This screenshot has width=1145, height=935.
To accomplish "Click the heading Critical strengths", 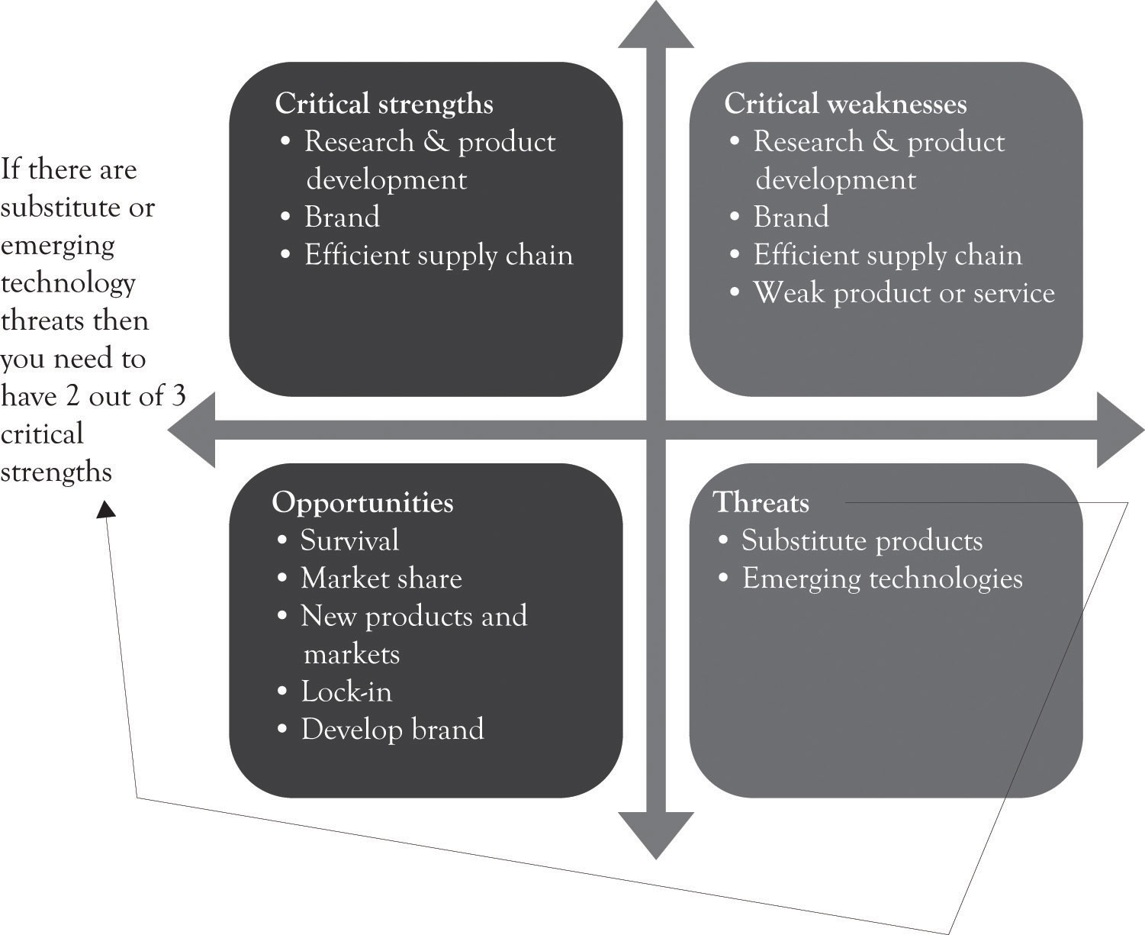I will click(384, 104).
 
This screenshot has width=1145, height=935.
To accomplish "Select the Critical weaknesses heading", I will click(845, 104).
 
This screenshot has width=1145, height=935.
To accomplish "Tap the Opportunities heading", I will click(362, 502).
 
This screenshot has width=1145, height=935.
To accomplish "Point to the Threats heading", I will click(761, 502).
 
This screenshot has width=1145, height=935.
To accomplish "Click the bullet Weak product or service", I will click(904, 293).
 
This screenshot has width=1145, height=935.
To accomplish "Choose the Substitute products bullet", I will click(861, 540).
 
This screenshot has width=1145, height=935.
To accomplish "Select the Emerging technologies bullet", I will click(882, 579).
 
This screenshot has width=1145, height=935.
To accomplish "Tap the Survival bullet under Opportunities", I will click(349, 540).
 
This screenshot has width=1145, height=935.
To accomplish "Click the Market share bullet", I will click(381, 579).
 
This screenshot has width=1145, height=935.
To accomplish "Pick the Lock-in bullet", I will click(346, 692).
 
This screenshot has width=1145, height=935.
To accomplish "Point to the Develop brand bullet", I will click(392, 730).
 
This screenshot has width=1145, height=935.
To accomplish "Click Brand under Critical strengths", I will click(342, 218).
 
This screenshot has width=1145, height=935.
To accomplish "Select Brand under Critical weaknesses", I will click(791, 218).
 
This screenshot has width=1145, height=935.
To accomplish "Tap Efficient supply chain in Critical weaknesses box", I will click(887, 256).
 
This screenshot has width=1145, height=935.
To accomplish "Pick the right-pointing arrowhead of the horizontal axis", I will click(1120, 430).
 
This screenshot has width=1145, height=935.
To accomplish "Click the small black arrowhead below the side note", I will click(106, 508).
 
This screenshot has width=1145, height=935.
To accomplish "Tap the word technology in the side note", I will click(69, 283).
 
